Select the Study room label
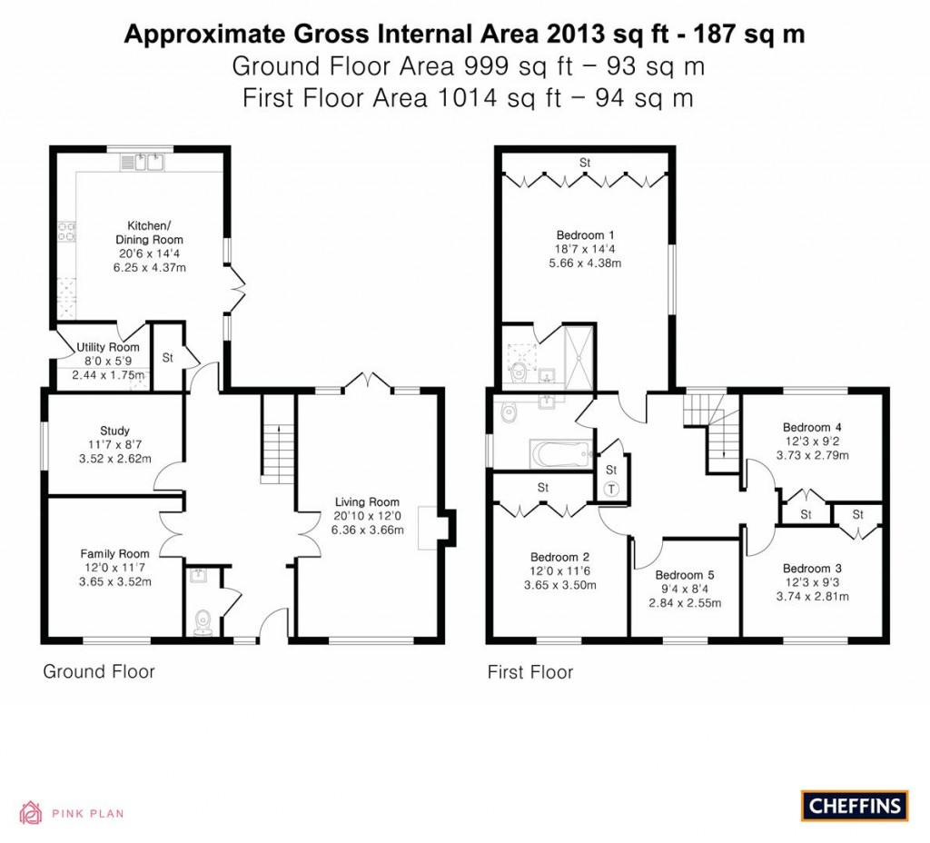[x=114, y=431]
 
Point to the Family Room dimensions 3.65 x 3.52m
[x=114, y=582]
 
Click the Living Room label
[x=367, y=501]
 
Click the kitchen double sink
[x=148, y=163]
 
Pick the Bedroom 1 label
[x=585, y=234]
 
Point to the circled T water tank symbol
[x=610, y=488]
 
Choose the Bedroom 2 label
[x=560, y=557]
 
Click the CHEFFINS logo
[x=854, y=805]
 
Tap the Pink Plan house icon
[x=32, y=812]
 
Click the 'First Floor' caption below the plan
[x=529, y=672]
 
